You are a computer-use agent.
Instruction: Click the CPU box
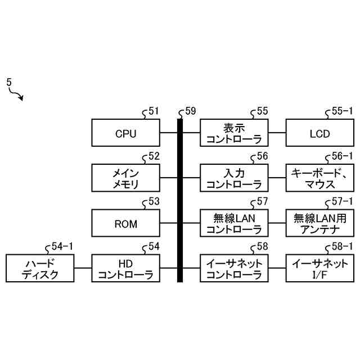[x=126, y=133]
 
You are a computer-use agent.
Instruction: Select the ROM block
[x=126, y=223]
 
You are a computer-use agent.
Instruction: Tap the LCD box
[x=320, y=133]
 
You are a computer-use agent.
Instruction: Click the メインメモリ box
[x=126, y=178]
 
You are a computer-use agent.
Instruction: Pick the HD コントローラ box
[x=126, y=268]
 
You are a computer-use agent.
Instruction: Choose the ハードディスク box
[x=40, y=268]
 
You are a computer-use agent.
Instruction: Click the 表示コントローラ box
[x=234, y=133]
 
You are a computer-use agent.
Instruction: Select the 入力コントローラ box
[x=234, y=178]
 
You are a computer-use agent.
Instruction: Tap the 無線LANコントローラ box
[x=234, y=223]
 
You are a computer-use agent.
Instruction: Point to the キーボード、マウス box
[x=320, y=178]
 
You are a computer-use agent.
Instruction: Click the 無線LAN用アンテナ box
[x=320, y=223]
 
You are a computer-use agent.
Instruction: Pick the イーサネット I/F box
[x=320, y=268]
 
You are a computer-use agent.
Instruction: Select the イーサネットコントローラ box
[x=234, y=268]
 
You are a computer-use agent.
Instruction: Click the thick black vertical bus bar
[x=180, y=200]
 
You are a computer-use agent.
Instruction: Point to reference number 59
[x=191, y=111]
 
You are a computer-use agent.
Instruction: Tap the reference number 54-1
[x=62, y=246]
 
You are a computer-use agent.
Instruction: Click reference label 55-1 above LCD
[x=342, y=111]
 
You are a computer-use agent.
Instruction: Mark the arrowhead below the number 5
[x=21, y=98]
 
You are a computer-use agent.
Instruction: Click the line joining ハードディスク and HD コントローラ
[x=83, y=268]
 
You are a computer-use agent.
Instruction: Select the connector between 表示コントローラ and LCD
[x=277, y=133]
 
